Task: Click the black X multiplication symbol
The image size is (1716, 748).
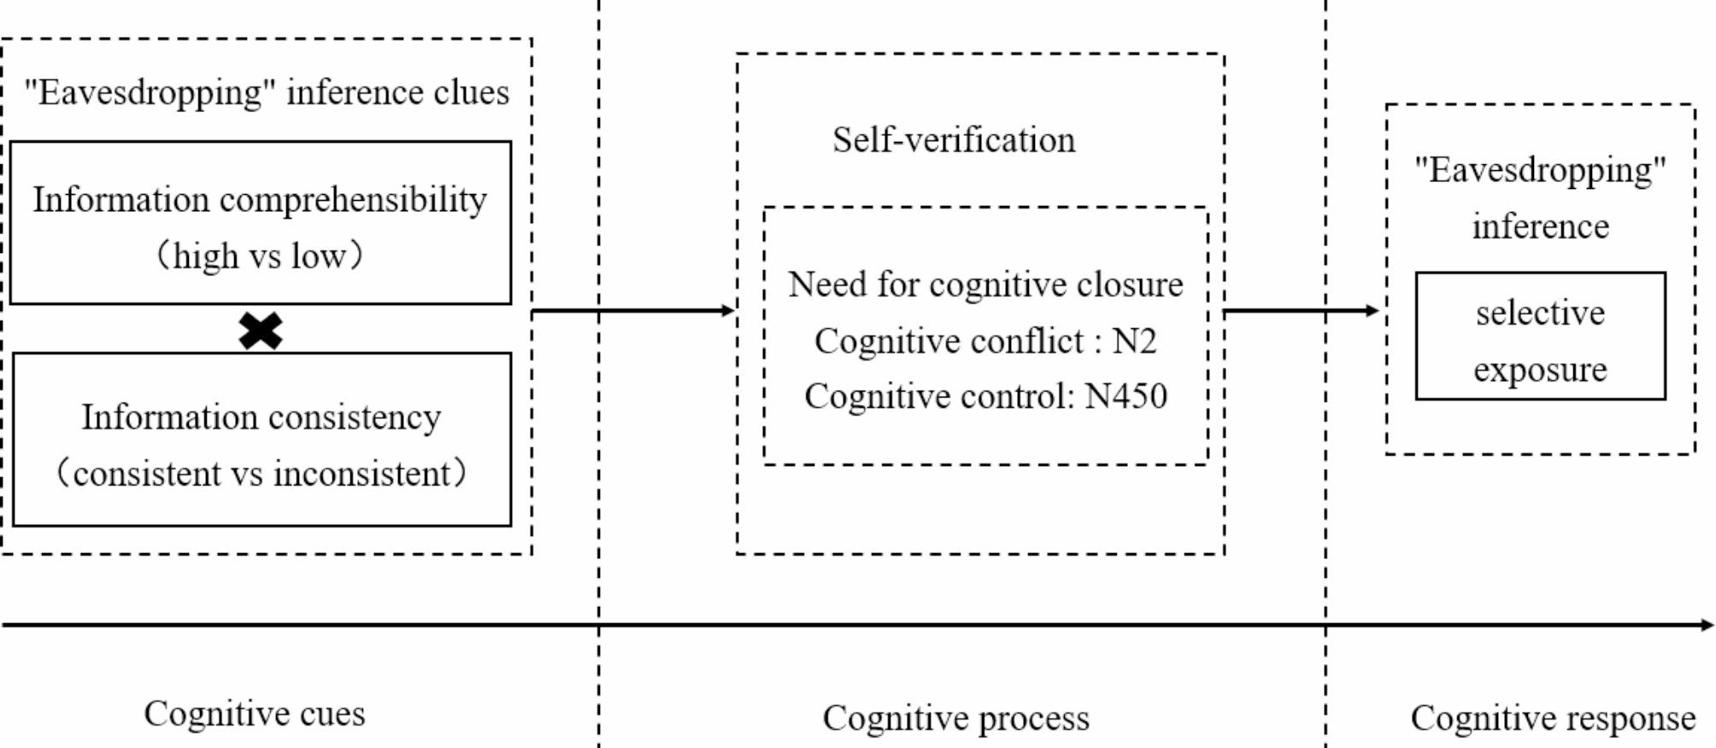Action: [x=261, y=331]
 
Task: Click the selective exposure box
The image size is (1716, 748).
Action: [x=1540, y=336]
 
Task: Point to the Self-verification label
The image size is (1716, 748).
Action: [x=954, y=140]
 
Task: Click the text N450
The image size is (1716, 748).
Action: [x=1125, y=397]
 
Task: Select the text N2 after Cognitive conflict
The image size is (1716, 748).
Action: [x=1134, y=341]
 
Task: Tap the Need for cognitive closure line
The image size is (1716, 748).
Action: [x=984, y=285]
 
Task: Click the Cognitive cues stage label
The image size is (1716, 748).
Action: [x=254, y=714]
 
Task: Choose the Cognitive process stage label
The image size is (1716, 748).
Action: [x=955, y=718]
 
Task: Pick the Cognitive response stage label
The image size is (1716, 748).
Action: [x=1553, y=718]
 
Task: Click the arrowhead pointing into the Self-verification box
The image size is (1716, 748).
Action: [x=729, y=310]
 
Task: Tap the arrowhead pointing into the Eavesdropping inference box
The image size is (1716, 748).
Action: [x=1373, y=310]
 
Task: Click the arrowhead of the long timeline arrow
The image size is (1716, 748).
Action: [x=1707, y=625]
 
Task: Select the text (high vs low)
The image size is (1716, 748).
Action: [x=260, y=256]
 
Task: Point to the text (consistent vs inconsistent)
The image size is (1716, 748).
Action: [x=261, y=474]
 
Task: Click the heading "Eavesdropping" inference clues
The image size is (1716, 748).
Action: [x=266, y=92]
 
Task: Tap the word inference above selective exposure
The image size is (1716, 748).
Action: [x=1540, y=227]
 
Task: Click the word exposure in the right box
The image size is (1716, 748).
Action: [x=1540, y=370]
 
